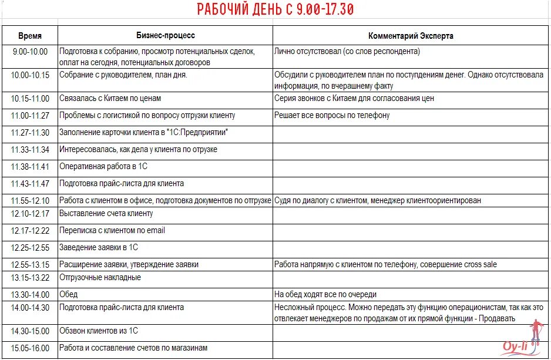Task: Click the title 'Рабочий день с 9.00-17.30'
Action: point(275,10)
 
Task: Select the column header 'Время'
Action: point(30,36)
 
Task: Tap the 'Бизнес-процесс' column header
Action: point(166,36)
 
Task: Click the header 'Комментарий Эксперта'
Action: point(411,36)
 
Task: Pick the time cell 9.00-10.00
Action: point(30,52)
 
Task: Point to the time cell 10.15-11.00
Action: point(30,99)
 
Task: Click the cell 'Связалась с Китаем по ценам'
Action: point(110,99)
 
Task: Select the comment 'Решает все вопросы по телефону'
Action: point(332,115)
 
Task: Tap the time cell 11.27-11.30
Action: point(30,133)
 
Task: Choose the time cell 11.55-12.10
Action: point(30,200)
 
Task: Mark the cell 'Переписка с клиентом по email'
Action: point(112,230)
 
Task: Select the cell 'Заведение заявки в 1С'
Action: point(99,247)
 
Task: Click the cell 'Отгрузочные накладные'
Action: point(100,277)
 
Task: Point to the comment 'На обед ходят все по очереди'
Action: point(325,294)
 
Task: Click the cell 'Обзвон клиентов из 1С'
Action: point(99,331)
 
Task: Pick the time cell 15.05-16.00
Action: point(30,348)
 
